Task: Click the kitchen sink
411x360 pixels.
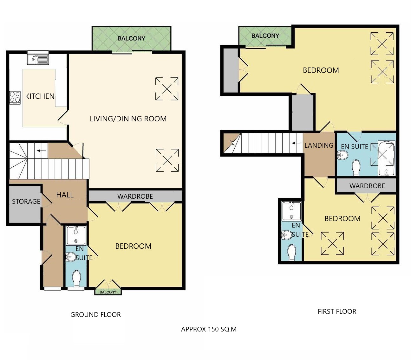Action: (x=38, y=59)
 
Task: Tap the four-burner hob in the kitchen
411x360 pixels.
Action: (x=15, y=98)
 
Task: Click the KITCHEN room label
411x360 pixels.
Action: (x=40, y=96)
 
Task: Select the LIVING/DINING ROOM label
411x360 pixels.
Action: (x=128, y=119)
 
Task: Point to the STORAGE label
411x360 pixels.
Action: (x=26, y=201)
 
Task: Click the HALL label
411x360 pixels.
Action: (x=65, y=195)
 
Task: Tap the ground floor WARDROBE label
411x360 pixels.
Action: (x=135, y=196)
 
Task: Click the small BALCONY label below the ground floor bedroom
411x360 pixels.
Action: (x=108, y=292)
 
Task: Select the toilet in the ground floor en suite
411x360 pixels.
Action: (x=76, y=278)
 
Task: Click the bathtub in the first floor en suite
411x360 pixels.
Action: (x=387, y=158)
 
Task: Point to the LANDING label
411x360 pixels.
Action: (x=319, y=145)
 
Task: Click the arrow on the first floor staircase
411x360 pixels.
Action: (x=296, y=143)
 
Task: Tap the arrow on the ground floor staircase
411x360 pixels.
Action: (x=41, y=151)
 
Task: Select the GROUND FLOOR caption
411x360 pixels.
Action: (x=95, y=314)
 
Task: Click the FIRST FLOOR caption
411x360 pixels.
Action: (x=337, y=311)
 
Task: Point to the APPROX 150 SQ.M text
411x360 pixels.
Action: (x=209, y=329)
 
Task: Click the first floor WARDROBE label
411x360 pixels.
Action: (x=367, y=186)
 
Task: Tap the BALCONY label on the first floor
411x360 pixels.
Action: (x=265, y=36)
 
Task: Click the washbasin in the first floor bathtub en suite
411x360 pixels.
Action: (x=342, y=155)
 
